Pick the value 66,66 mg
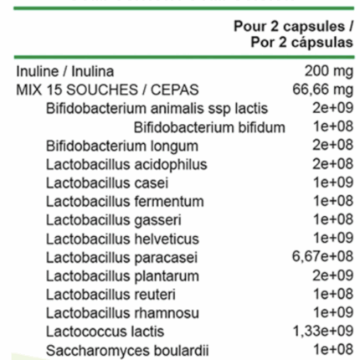click(x=322, y=90)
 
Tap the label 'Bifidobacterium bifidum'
click(x=209, y=126)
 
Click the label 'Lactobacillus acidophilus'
click(x=126, y=164)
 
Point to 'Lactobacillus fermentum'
click(x=125, y=201)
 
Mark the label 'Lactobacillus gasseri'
click(x=113, y=219)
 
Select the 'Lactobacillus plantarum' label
click(x=122, y=275)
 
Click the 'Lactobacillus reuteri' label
click(x=111, y=294)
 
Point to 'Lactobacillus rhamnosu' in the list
click(x=121, y=312)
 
